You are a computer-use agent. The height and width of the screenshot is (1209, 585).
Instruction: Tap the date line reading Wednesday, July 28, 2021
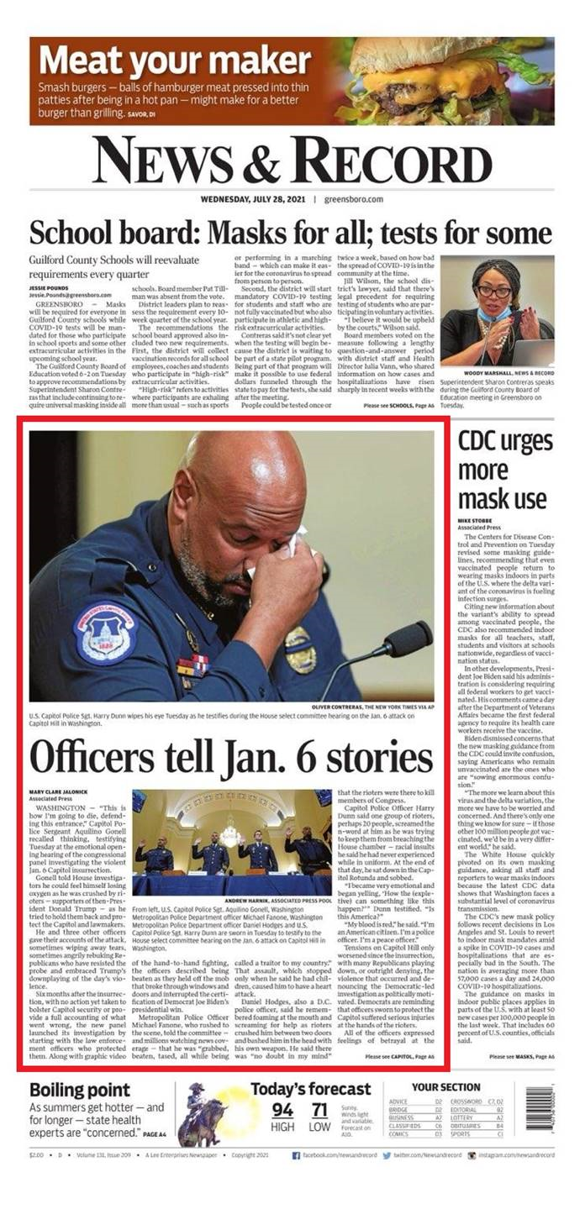point(252,200)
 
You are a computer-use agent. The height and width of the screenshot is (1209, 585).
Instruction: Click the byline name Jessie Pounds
point(47,287)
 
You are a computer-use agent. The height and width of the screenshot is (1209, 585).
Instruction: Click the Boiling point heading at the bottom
point(81,1090)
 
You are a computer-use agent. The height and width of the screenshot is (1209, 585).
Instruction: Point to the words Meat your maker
point(175,60)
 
